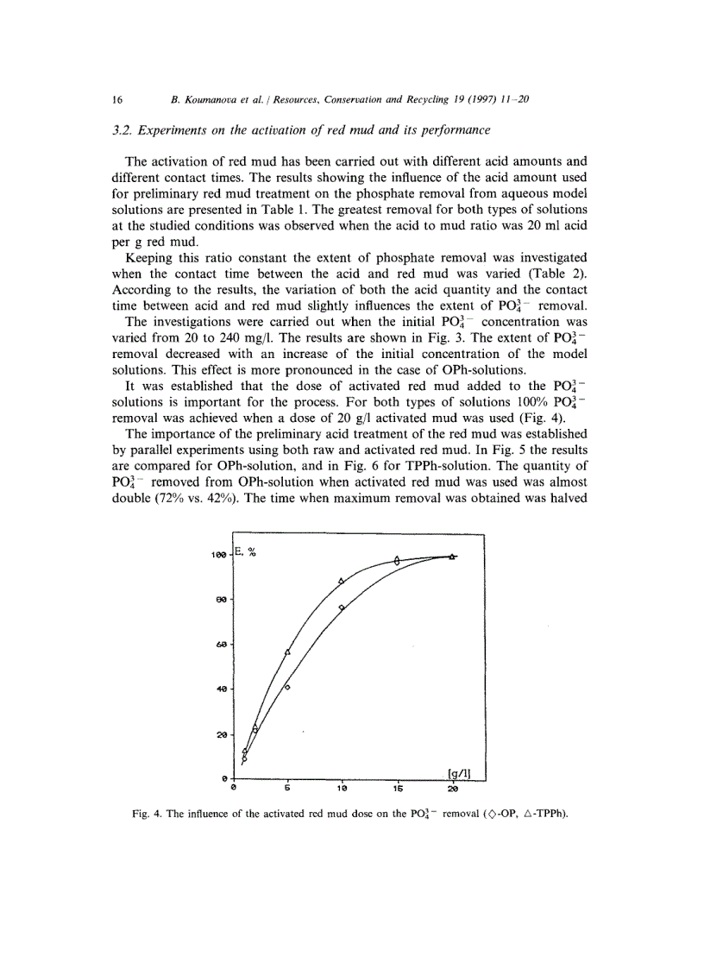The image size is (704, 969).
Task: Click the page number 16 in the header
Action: point(117,99)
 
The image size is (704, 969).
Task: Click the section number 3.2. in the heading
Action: point(126,130)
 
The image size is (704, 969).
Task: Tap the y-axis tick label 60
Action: point(222,645)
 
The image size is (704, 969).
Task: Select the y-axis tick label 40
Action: point(222,689)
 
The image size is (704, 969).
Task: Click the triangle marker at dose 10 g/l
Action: point(342,581)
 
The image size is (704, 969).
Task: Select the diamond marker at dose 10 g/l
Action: point(343,607)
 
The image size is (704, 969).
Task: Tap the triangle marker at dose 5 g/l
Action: point(287,651)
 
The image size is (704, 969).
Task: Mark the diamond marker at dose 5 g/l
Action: point(287,687)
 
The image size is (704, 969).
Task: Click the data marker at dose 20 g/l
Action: point(453,557)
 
